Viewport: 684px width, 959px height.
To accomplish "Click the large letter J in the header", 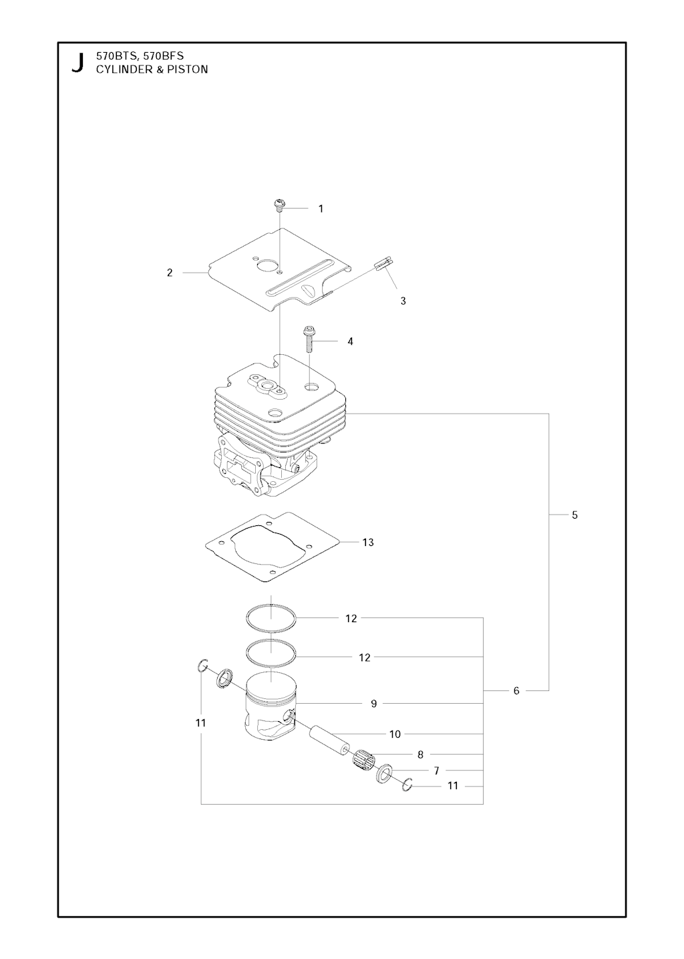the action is click(x=77, y=63).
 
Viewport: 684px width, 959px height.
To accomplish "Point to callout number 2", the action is click(x=170, y=272).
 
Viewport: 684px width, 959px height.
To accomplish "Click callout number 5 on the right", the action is click(x=575, y=515).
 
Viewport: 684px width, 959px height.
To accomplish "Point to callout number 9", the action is click(x=373, y=704).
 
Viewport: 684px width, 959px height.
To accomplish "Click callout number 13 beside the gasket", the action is click(x=368, y=543).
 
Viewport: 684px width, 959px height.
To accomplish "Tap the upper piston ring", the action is click(x=271, y=618).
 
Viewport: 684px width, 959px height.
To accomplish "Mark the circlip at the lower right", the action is click(x=407, y=784).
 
